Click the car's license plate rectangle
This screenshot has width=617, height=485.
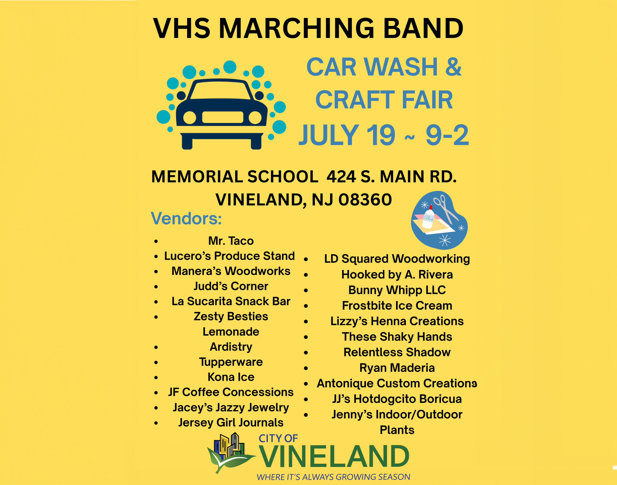[x=222, y=117]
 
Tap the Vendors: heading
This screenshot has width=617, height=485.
[x=186, y=218]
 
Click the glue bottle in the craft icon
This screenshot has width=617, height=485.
[x=429, y=217]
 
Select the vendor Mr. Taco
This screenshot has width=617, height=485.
[x=231, y=241]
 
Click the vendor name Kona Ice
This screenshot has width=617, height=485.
[x=231, y=377]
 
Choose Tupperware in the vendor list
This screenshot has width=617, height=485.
[x=231, y=362]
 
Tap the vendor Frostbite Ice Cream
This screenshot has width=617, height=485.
[x=397, y=306]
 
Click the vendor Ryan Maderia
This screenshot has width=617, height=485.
[x=397, y=368]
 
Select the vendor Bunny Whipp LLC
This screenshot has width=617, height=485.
[x=397, y=290]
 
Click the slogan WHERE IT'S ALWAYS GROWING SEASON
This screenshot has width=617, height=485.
[x=333, y=477]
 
